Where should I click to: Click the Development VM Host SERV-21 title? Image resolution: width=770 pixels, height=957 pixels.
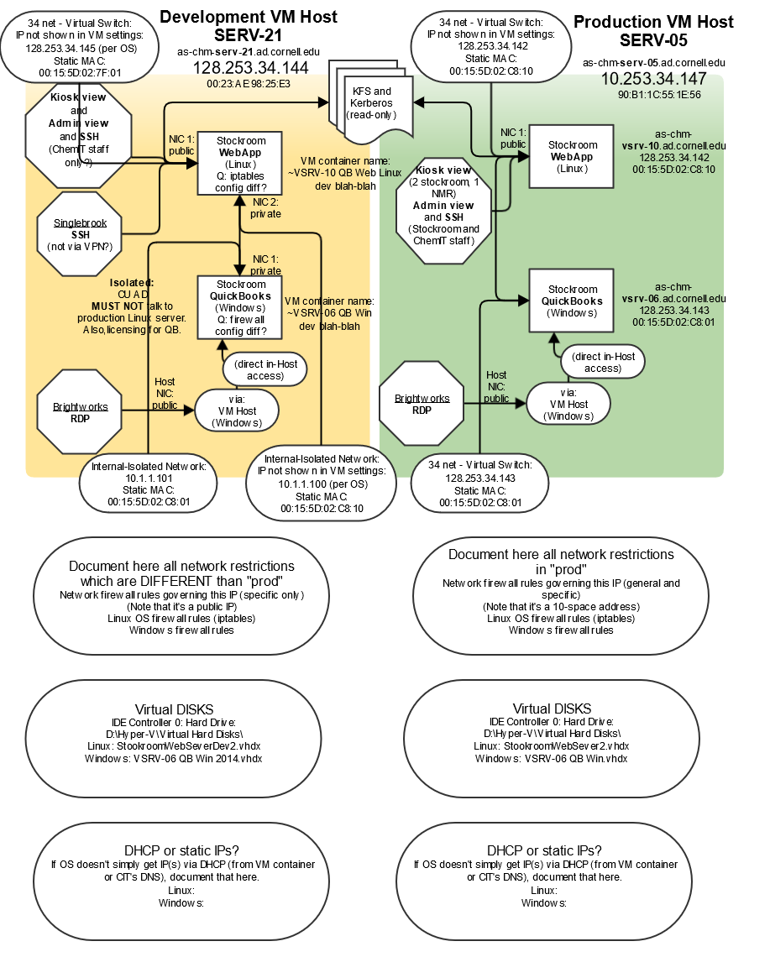(248, 26)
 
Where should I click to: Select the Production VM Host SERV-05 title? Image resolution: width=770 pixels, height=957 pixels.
(653, 31)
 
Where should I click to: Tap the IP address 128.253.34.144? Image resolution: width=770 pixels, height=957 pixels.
(250, 68)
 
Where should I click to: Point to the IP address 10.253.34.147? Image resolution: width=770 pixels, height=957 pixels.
(653, 79)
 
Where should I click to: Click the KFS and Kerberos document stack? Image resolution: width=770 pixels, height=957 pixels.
(371, 102)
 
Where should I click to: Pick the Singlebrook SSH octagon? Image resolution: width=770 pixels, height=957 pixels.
(80, 233)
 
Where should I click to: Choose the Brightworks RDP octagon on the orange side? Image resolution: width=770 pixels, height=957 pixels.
(80, 412)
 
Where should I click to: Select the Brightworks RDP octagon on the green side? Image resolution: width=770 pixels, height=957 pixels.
(422, 404)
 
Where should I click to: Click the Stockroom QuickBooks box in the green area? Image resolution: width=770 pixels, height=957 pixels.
(572, 301)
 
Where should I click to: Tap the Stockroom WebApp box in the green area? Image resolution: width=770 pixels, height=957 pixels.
(572, 156)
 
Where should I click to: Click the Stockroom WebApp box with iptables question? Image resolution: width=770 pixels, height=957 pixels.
(240, 163)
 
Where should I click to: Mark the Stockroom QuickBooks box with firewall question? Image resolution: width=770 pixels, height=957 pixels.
(240, 307)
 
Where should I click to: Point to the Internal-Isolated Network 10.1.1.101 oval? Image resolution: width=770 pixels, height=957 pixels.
(149, 484)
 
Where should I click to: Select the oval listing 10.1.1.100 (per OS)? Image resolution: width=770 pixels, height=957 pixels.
(322, 484)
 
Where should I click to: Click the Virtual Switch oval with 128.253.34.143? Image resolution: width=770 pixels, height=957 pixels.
(480, 484)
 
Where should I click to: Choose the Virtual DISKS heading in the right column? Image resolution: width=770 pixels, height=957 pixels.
(552, 709)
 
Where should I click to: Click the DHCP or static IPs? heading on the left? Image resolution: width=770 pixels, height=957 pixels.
(182, 850)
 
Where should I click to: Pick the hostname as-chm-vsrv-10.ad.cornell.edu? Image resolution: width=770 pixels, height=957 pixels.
(673, 139)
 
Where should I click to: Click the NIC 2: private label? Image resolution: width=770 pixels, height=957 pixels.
(265, 208)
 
